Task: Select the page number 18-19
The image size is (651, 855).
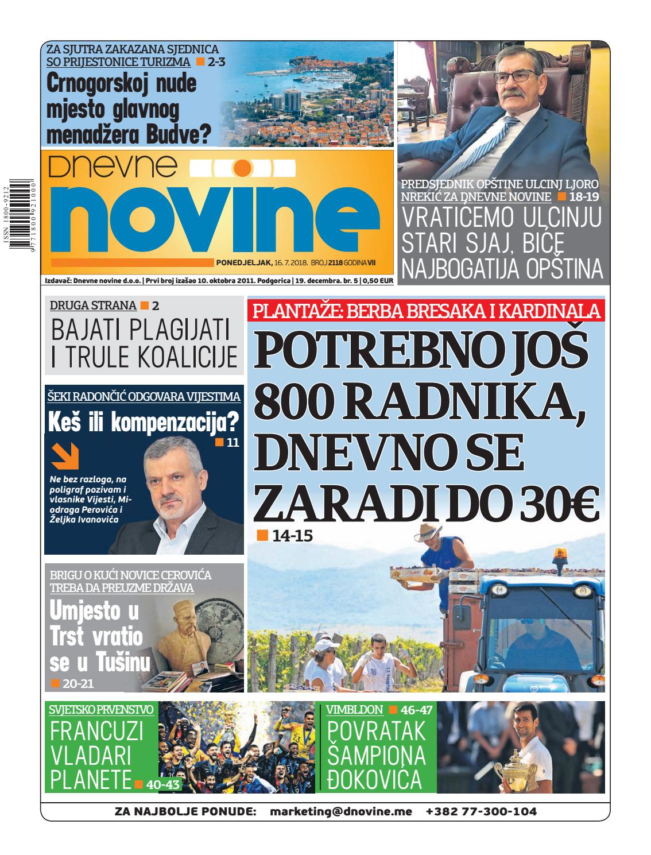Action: [x=582, y=197]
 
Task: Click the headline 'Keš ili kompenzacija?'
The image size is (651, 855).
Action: [x=144, y=423]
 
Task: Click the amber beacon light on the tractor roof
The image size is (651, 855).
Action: [x=559, y=555]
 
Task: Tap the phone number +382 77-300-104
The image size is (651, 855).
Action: [x=481, y=812]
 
